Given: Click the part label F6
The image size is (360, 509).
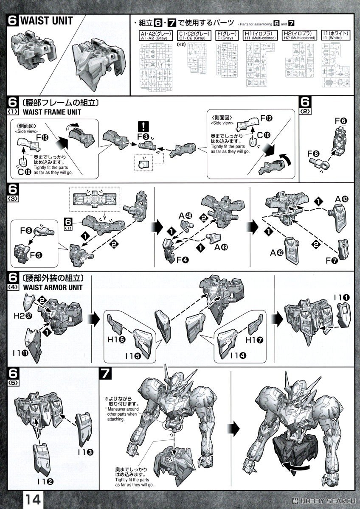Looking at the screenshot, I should point(341,121).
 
